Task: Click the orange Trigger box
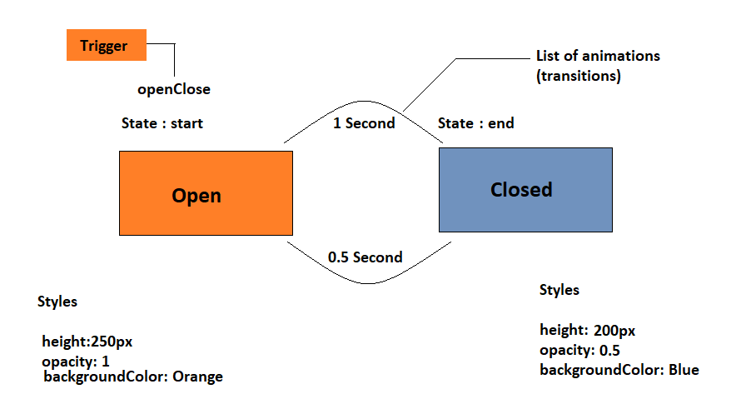click(x=107, y=45)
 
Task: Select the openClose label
click(x=174, y=89)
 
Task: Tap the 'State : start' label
click(x=162, y=123)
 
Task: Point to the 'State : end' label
click(x=476, y=123)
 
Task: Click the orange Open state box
click(x=206, y=193)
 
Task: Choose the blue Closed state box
click(x=525, y=190)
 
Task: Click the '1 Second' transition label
click(x=364, y=123)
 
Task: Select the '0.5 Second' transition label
click(x=366, y=257)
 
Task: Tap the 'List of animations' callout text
click(x=598, y=56)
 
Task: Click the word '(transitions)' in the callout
click(x=579, y=76)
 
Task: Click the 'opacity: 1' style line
click(x=76, y=362)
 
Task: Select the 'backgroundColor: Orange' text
click(x=133, y=377)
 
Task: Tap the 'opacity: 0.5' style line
click(x=579, y=350)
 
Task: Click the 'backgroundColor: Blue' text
click(x=619, y=370)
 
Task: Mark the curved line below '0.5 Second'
click(x=369, y=283)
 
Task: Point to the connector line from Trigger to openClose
click(x=174, y=45)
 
